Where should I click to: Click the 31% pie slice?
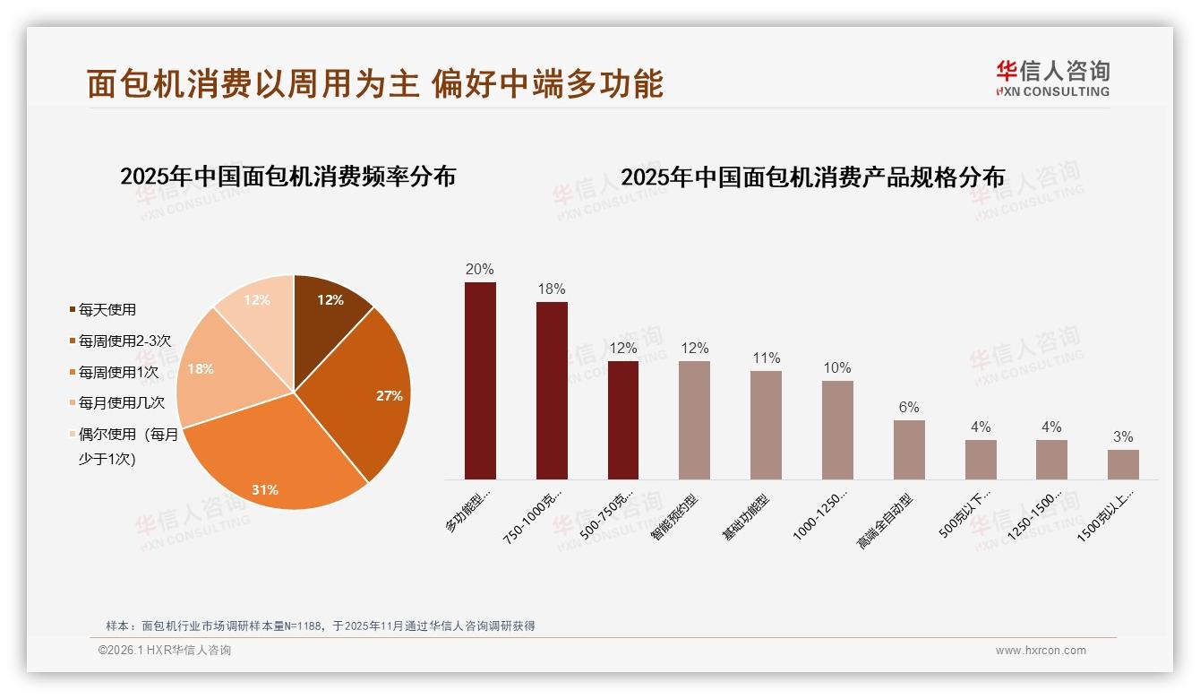(x=269, y=457)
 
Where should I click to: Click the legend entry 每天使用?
(x=107, y=310)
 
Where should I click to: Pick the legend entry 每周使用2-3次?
(x=124, y=341)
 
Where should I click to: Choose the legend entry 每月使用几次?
(x=121, y=403)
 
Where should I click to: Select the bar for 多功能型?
(x=480, y=381)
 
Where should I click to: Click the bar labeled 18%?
(x=552, y=391)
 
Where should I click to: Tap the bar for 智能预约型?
(x=694, y=420)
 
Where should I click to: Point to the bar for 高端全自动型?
(x=909, y=450)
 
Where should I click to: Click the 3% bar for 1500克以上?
(x=1123, y=464)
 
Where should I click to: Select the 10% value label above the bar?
(x=837, y=368)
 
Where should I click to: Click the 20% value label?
(x=480, y=270)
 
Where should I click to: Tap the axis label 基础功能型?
(x=746, y=518)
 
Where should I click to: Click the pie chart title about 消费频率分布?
(x=287, y=177)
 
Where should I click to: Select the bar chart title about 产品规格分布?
(x=812, y=177)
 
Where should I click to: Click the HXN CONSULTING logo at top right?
(x=1052, y=79)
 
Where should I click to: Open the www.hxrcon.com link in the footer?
(x=1041, y=651)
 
